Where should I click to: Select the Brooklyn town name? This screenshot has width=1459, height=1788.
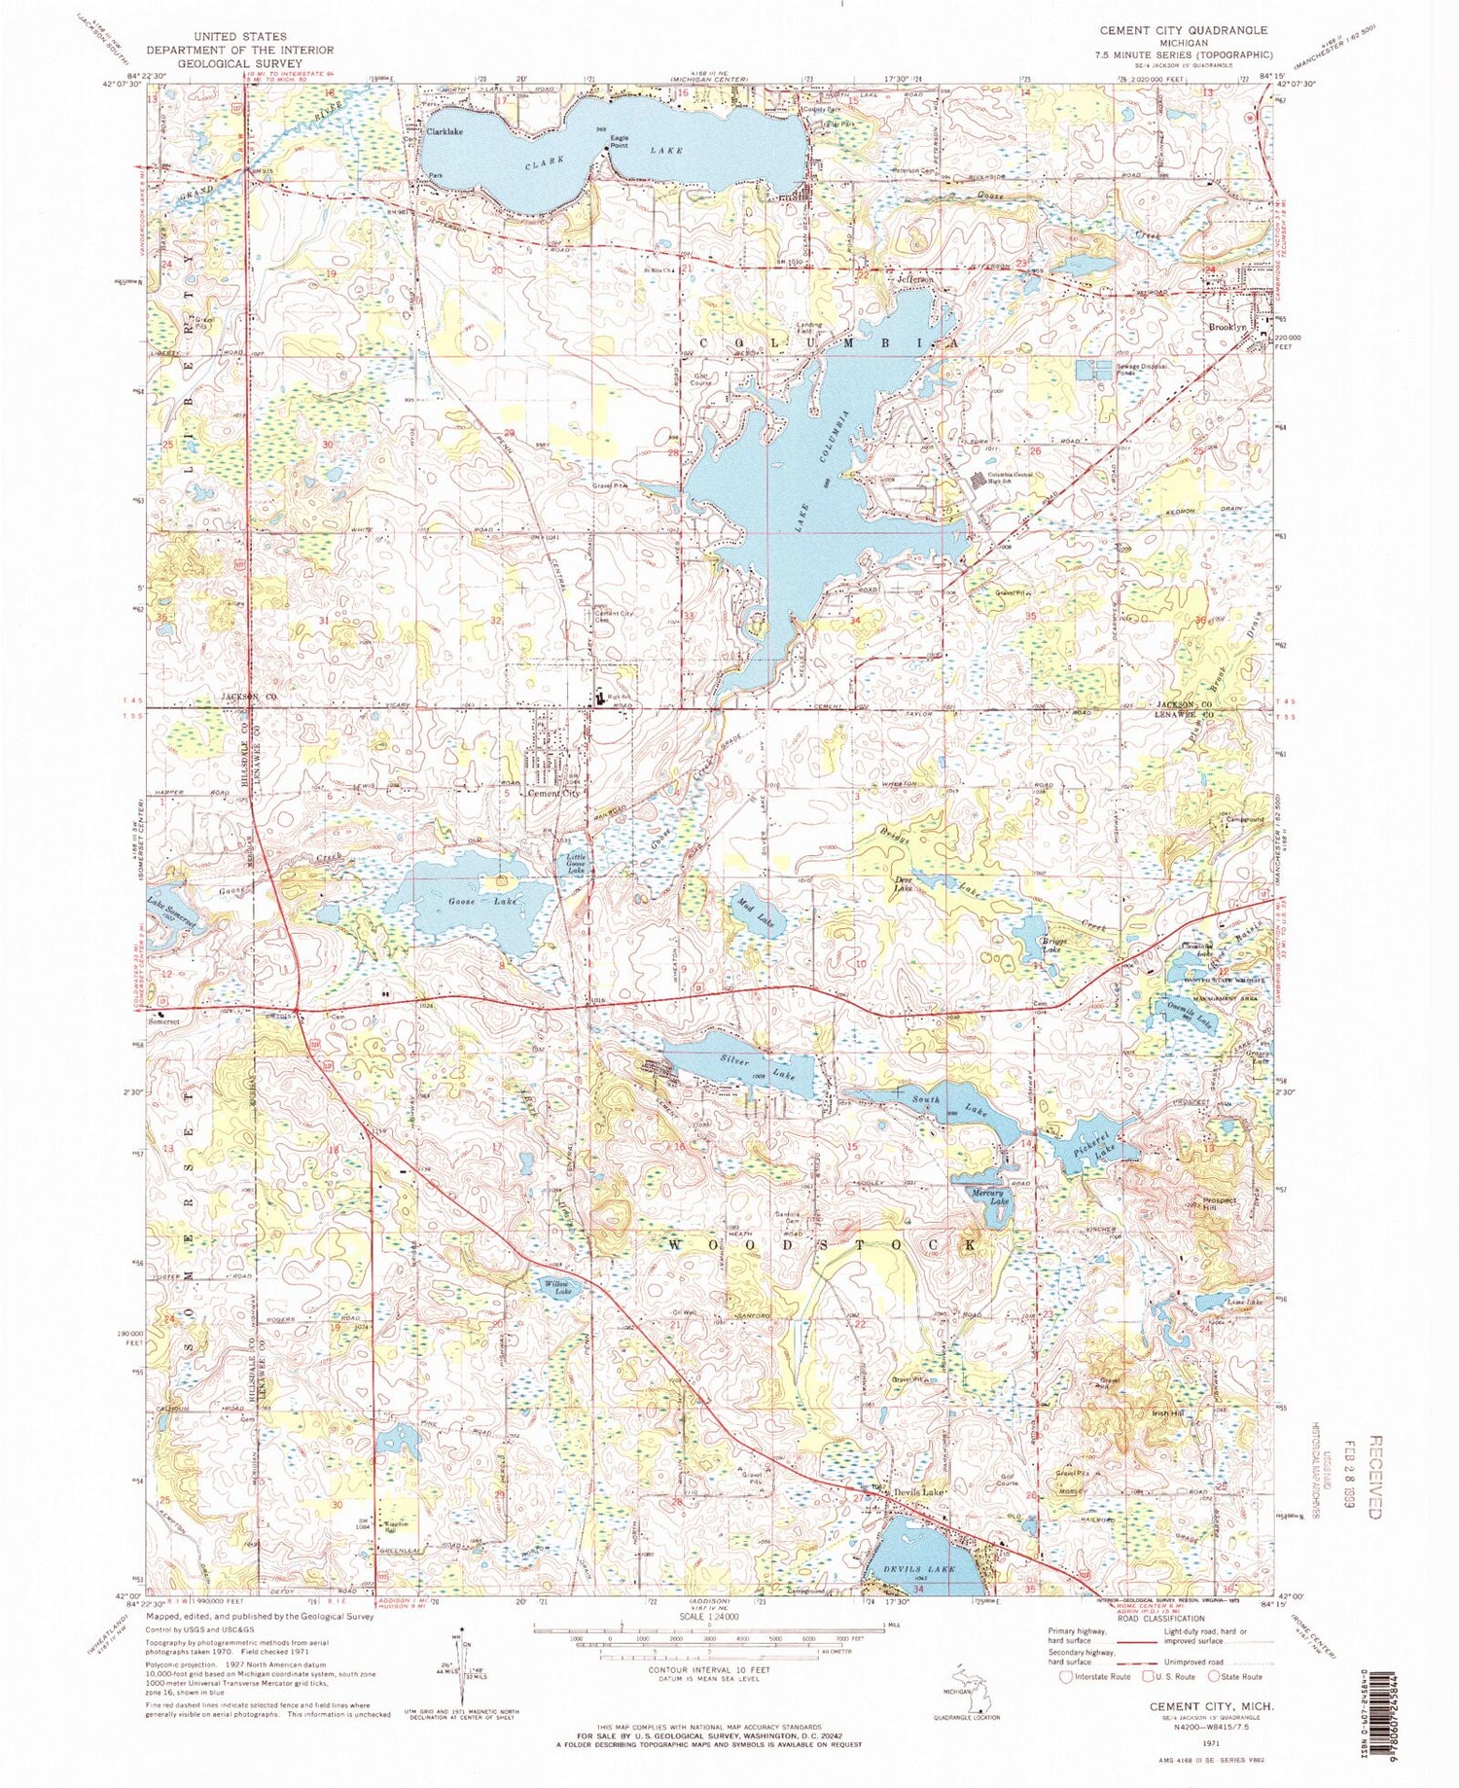(x=1228, y=328)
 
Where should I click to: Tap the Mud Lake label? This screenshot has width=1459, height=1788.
(x=756, y=912)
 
